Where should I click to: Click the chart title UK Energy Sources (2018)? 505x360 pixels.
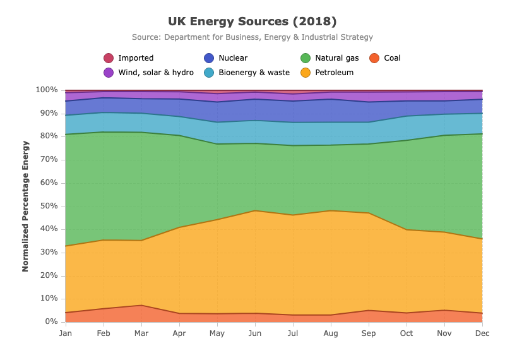pos(252,21)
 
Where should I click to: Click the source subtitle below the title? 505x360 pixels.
pos(252,37)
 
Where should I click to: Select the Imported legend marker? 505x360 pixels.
pos(109,58)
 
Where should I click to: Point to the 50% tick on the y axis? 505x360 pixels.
pos(49,206)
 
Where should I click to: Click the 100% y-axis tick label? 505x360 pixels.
pos(47,90)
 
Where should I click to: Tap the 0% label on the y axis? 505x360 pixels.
pos(52,321)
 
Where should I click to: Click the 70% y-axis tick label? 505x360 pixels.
pos(49,159)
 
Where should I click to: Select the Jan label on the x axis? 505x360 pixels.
pos(66,333)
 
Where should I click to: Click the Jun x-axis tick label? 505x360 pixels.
pos(255,333)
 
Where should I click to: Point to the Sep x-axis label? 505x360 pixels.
pos(369,333)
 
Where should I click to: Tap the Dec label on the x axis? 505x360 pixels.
pos(482,333)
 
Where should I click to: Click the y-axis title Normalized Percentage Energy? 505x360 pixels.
pos(25,207)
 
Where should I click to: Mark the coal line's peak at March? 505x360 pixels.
pos(141,305)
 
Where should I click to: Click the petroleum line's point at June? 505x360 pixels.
pos(255,210)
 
